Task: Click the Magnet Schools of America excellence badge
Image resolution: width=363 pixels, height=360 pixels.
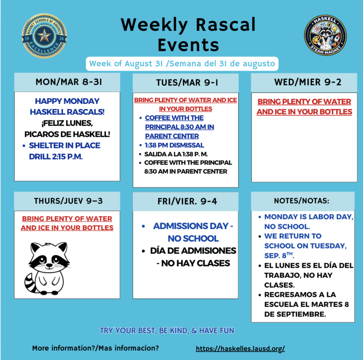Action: click(x=44, y=36)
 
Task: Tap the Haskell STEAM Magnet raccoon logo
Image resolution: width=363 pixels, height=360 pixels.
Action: click(x=325, y=35)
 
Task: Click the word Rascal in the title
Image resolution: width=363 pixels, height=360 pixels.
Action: click(x=226, y=25)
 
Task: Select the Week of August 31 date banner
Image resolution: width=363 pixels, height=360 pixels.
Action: click(x=182, y=64)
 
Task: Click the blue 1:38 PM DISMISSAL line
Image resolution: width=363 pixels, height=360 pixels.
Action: click(x=174, y=145)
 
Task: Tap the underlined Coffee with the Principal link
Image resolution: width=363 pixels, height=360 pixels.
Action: click(x=179, y=127)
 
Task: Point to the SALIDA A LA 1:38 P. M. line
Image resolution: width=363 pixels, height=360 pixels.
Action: click(x=176, y=154)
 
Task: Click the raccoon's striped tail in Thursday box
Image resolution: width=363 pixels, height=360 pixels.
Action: click(x=31, y=283)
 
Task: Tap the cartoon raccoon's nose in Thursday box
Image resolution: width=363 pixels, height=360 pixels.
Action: click(x=49, y=265)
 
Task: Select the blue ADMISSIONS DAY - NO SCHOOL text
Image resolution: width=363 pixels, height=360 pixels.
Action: click(x=193, y=232)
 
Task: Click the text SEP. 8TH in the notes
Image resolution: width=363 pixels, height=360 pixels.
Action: click(x=279, y=255)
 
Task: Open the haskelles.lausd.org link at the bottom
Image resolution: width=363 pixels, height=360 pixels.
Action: click(x=240, y=348)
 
